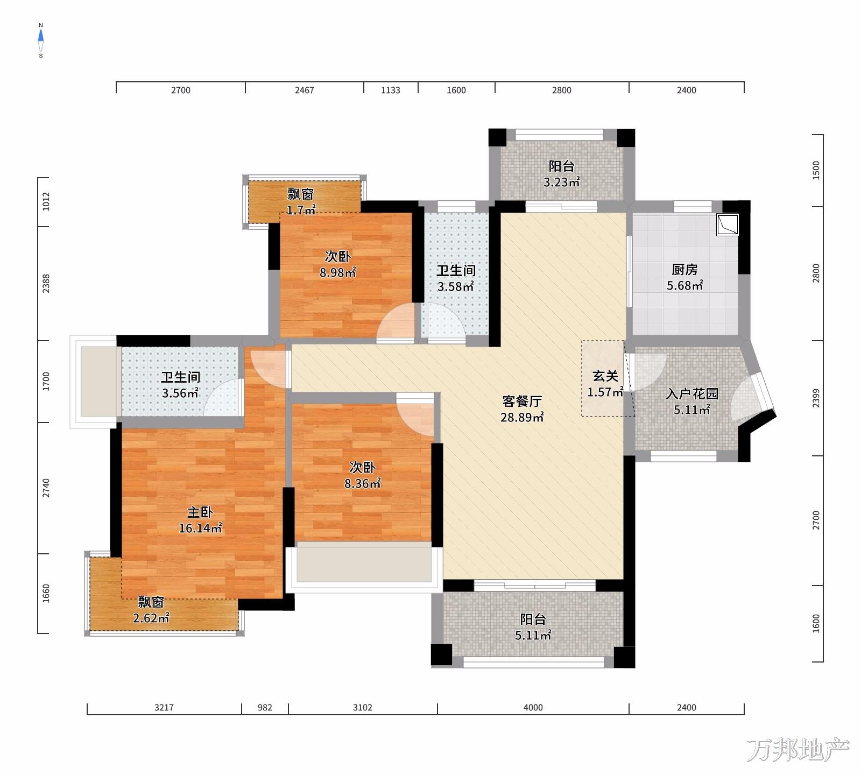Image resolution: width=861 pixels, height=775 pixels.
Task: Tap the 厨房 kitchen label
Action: tap(684, 270)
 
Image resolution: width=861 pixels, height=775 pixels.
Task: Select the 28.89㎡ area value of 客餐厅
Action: tap(522, 417)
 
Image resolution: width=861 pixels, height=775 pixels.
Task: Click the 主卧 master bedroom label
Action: tap(200, 512)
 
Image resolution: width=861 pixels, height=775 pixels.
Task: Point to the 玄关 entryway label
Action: tap(605, 376)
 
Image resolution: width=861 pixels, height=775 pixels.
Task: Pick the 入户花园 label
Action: tap(691, 394)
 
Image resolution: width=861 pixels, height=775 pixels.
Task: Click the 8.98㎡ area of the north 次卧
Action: tap(337, 273)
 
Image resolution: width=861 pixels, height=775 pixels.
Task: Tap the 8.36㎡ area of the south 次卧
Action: tap(363, 484)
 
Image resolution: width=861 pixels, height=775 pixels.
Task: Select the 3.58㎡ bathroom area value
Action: tap(455, 287)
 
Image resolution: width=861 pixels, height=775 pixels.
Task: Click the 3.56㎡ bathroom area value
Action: tap(180, 393)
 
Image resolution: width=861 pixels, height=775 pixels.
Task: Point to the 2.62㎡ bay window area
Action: tap(151, 618)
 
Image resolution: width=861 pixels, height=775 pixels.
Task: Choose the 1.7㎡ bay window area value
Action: tap(301, 210)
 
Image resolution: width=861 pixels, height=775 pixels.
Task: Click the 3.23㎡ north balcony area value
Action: tap(561, 182)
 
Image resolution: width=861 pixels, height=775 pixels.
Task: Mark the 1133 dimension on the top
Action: tap(391, 90)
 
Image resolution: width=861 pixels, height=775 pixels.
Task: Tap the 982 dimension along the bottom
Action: tap(265, 708)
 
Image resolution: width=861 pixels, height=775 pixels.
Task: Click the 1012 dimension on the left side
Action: tap(46, 201)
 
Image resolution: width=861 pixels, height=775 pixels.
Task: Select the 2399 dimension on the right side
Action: tap(816, 398)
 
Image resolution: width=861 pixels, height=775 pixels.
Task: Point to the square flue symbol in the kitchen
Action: tap(728, 225)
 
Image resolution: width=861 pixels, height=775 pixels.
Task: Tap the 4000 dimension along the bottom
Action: tap(533, 708)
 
